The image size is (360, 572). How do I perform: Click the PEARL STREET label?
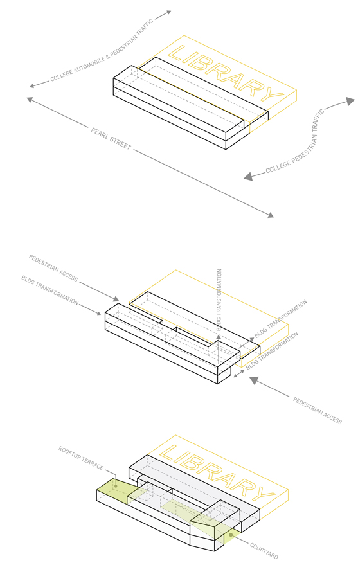click(x=111, y=139)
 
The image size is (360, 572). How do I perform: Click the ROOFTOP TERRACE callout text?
click(x=81, y=458)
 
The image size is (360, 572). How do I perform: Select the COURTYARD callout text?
click(x=264, y=551)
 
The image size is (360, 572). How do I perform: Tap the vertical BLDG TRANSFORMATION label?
click(x=219, y=300)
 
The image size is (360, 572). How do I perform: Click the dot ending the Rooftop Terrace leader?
click(x=116, y=486)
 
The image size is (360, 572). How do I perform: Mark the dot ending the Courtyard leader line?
click(x=231, y=535)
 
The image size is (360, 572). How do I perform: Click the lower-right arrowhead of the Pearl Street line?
click(x=271, y=215)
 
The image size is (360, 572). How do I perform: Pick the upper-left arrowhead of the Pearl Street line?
click(x=30, y=99)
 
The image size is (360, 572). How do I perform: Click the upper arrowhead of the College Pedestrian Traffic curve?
click(x=350, y=101)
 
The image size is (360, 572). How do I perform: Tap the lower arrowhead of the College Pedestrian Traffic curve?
click(x=248, y=177)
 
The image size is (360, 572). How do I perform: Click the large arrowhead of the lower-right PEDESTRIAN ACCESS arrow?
click(x=254, y=380)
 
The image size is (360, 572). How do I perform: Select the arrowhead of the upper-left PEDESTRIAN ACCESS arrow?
click(x=116, y=299)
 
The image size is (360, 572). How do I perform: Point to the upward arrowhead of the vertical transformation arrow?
click(x=219, y=337)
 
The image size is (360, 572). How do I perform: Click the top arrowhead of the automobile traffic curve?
click(x=168, y=12)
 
